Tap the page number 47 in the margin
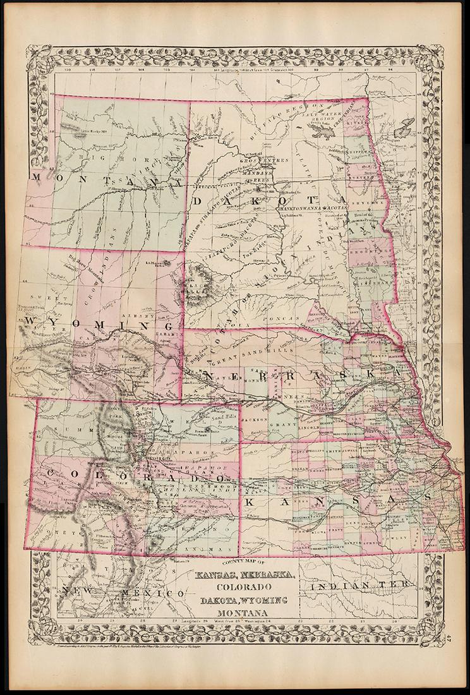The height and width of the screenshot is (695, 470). (457, 643)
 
